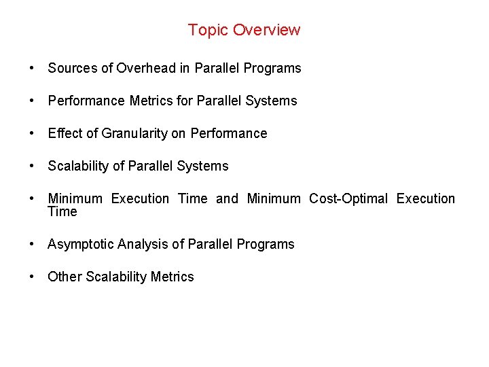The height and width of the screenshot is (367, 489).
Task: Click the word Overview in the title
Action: tap(266, 30)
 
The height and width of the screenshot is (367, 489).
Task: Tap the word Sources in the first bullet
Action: tap(72, 68)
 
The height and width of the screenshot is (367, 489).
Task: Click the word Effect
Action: tap(65, 133)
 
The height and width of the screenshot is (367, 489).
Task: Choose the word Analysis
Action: tap(143, 244)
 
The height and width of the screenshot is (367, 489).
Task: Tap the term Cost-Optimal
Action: tap(348, 198)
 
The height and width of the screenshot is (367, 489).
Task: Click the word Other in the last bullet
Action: tap(65, 277)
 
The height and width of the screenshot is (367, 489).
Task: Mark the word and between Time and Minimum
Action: tap(227, 198)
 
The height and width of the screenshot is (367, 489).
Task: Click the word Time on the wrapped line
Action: tap(62, 211)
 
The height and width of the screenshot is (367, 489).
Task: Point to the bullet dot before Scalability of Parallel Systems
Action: tap(32, 166)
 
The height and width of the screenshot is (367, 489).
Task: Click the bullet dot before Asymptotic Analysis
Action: tap(32, 244)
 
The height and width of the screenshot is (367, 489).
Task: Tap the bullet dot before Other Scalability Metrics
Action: tap(32, 277)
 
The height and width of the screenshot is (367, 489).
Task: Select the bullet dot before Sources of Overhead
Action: tap(32, 68)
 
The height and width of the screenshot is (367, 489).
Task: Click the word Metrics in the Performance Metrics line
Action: tap(152, 101)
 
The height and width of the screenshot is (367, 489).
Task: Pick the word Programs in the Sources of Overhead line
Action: tap(275, 68)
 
